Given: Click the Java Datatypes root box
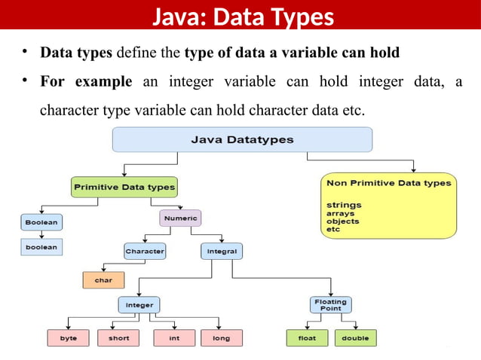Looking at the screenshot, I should tap(242, 139).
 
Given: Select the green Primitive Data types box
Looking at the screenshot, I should tap(124, 187).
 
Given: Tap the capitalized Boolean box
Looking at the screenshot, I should tap(41, 222).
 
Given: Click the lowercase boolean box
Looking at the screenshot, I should tap(41, 246).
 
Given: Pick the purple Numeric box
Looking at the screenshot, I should tap(180, 218).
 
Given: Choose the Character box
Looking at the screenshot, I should tap(145, 251).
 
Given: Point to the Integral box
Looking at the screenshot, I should tap(222, 251).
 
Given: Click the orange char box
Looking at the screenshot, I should tap(103, 279).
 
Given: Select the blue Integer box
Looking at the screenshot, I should tap(139, 305).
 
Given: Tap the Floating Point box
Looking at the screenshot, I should tap(330, 305).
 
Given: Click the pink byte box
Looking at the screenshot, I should tap(69, 338).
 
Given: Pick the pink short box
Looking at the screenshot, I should tap(118, 338).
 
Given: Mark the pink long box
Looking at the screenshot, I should tap(222, 338).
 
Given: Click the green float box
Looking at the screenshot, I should tap(307, 338).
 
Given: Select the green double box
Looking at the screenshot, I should tap(355, 338).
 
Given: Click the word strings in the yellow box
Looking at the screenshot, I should tap(344, 205).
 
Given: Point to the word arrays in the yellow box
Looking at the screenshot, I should tap(341, 213).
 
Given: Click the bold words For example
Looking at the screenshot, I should tap(86, 81).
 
